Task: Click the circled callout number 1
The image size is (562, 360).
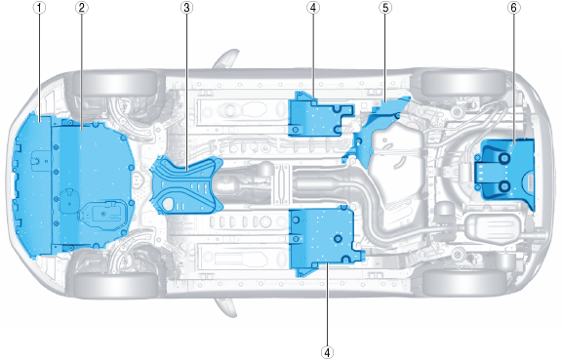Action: coord(39,8)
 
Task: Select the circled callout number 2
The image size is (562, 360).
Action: coord(82,8)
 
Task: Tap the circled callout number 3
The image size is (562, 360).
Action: coord(186,8)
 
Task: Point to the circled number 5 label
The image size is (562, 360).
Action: coord(385,8)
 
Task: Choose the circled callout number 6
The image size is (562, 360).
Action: coord(513,8)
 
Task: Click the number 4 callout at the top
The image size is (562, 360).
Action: coord(313,8)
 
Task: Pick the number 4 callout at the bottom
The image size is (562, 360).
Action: coord(327,352)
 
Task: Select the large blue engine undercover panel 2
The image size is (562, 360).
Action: coord(94,184)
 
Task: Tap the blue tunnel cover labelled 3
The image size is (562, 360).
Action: coord(186,184)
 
